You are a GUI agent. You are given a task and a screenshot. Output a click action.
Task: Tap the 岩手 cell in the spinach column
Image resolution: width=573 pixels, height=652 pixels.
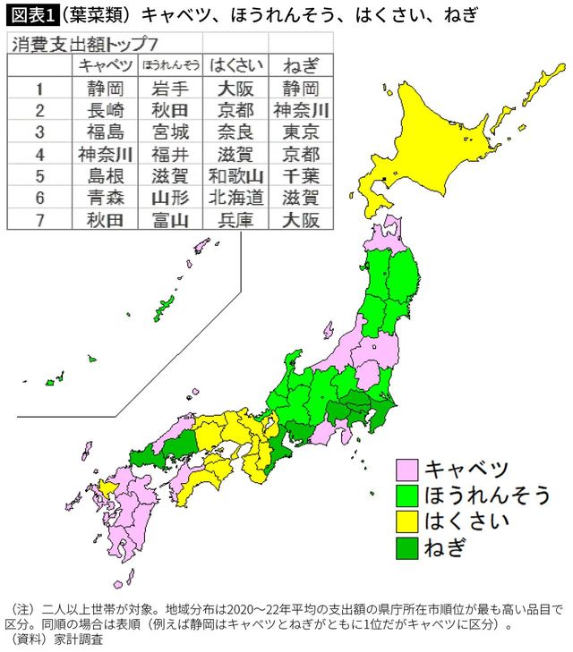(x=170, y=89)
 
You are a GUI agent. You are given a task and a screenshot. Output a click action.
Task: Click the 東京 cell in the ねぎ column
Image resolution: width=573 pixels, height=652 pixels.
(x=301, y=132)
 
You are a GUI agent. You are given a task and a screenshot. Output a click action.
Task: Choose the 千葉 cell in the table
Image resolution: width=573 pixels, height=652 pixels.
(x=301, y=176)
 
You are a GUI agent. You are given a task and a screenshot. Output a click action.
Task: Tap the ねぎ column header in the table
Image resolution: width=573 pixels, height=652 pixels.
(x=301, y=65)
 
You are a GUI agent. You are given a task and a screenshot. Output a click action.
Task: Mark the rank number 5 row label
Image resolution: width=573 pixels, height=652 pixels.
(x=39, y=176)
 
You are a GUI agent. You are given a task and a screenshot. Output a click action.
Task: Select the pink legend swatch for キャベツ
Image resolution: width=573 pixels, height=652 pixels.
(x=407, y=470)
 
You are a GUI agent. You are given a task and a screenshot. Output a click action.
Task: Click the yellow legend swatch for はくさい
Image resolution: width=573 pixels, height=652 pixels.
(x=407, y=521)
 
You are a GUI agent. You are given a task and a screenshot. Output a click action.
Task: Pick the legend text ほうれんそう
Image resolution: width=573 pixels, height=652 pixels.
(x=487, y=495)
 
